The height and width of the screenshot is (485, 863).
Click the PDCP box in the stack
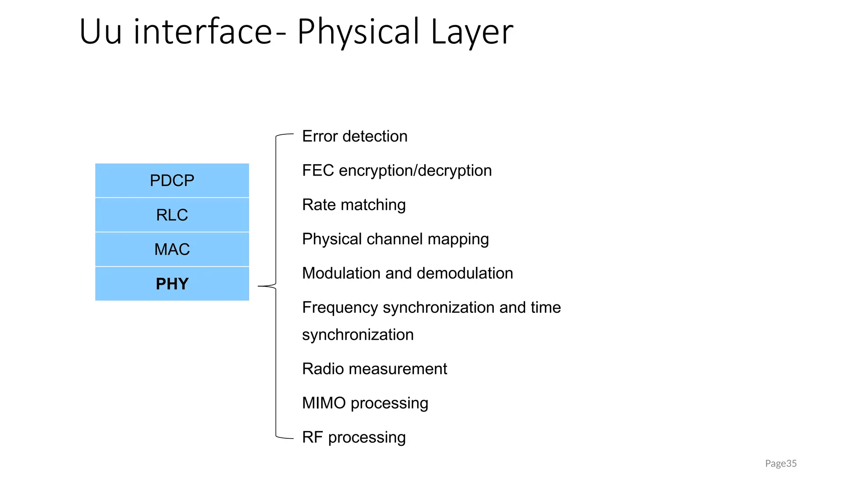click(172, 181)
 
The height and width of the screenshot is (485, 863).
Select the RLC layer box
click(172, 215)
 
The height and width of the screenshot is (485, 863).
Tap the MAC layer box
click(172, 249)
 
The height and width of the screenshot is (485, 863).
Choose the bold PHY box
click(172, 284)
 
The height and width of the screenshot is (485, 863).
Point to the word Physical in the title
click(358, 32)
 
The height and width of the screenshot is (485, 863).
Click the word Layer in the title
click(472, 32)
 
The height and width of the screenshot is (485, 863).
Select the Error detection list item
click(354, 136)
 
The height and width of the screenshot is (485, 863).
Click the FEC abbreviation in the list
click(318, 171)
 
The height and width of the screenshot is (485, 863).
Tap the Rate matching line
click(354, 205)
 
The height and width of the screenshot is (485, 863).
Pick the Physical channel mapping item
click(395, 239)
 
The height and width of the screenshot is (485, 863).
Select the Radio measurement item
click(374, 369)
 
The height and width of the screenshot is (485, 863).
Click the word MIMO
click(324, 403)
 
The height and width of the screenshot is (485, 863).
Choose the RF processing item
click(354, 437)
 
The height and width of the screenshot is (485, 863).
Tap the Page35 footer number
click(780, 464)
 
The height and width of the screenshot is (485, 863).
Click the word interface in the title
click(203, 32)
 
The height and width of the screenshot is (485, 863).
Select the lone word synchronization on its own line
click(358, 335)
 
